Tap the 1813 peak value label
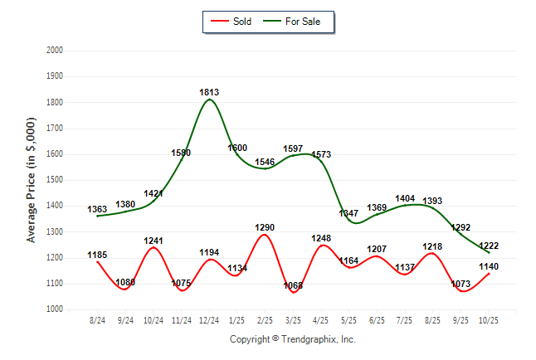point(209,91)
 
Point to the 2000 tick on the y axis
point(55,51)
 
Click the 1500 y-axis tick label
point(55,180)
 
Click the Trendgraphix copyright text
point(292,339)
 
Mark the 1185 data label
point(98,255)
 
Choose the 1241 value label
point(153,241)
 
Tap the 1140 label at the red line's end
point(490,266)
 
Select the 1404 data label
point(405,199)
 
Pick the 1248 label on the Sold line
point(321,239)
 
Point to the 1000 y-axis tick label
point(55,309)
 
